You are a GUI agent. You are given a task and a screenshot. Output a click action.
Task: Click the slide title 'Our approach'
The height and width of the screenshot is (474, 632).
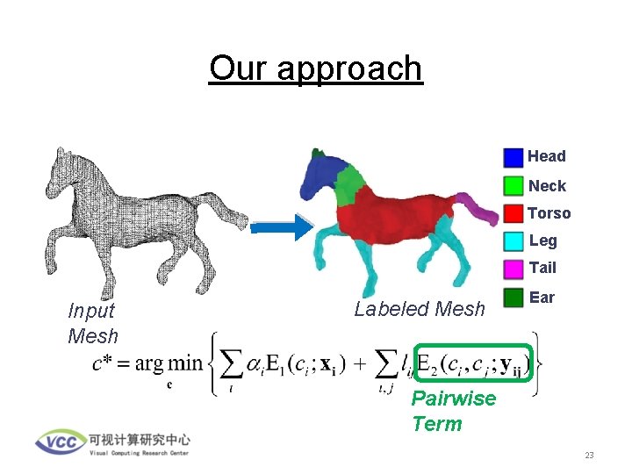pyautogui.click(x=316, y=68)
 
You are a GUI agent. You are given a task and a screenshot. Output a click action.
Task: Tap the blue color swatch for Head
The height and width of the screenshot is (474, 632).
pyautogui.click(x=513, y=157)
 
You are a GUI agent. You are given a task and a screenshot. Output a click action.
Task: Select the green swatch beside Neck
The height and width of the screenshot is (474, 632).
pyautogui.click(x=513, y=185)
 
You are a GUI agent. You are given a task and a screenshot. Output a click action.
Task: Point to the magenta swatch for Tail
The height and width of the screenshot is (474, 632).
pyautogui.click(x=513, y=268)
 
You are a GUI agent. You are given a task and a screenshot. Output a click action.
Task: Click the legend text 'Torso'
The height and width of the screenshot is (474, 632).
pyautogui.click(x=549, y=213)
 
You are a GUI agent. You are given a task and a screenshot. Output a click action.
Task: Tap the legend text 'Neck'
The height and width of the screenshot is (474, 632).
pyautogui.click(x=547, y=186)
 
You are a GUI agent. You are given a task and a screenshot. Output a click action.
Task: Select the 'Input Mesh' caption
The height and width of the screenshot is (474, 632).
pyautogui.click(x=92, y=322)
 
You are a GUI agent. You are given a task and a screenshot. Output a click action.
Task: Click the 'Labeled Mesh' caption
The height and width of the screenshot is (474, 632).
pyautogui.click(x=419, y=309)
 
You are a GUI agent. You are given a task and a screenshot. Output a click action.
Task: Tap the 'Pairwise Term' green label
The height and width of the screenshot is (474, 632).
pyautogui.click(x=453, y=411)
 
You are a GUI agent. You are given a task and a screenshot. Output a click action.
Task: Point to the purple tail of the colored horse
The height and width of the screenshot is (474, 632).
pyautogui.click(x=478, y=207)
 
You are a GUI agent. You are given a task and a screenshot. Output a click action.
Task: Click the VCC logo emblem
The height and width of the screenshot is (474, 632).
pyautogui.click(x=60, y=441)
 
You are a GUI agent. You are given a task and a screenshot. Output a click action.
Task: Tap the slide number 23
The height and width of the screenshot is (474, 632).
pyautogui.click(x=589, y=456)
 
